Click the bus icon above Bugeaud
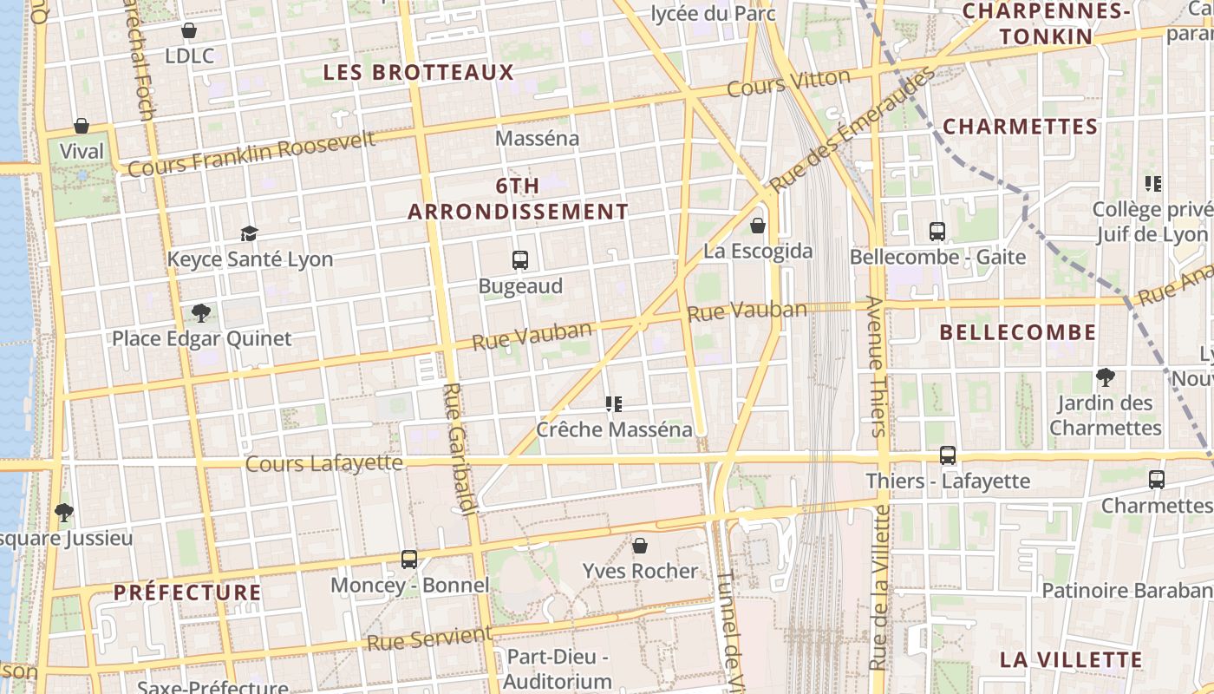(520, 259)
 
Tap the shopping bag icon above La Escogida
(758, 226)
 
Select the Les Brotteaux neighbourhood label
(419, 72)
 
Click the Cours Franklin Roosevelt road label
(251, 153)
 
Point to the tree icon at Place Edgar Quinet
(201, 312)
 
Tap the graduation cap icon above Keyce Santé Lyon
(250, 233)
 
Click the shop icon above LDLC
(189, 30)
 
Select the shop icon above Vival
(82, 126)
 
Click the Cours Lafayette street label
(324, 463)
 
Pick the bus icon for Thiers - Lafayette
(948, 455)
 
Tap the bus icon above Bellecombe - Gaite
(937, 231)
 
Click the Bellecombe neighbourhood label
(1018, 332)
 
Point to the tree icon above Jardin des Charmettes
(1105, 376)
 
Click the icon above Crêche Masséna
(615, 403)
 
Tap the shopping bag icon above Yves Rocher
(640, 545)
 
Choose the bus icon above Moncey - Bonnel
(409, 560)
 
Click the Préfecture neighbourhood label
(187, 593)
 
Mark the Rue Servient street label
(430, 638)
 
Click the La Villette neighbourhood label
(1071, 659)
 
